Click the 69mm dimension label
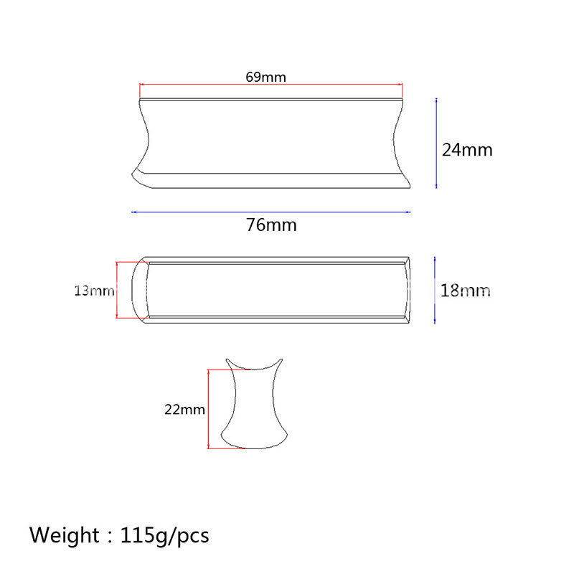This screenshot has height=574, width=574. (x=265, y=77)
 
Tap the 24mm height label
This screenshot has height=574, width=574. (x=467, y=150)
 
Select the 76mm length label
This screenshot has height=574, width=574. (x=271, y=225)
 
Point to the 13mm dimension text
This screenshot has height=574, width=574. (x=95, y=291)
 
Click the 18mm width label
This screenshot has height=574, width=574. (x=465, y=291)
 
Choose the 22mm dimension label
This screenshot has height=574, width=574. (x=184, y=409)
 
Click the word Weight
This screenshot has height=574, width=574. (x=64, y=535)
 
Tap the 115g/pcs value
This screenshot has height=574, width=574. (x=165, y=536)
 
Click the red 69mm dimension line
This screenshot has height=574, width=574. (x=271, y=85)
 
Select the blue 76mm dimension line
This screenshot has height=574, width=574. (x=271, y=212)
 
